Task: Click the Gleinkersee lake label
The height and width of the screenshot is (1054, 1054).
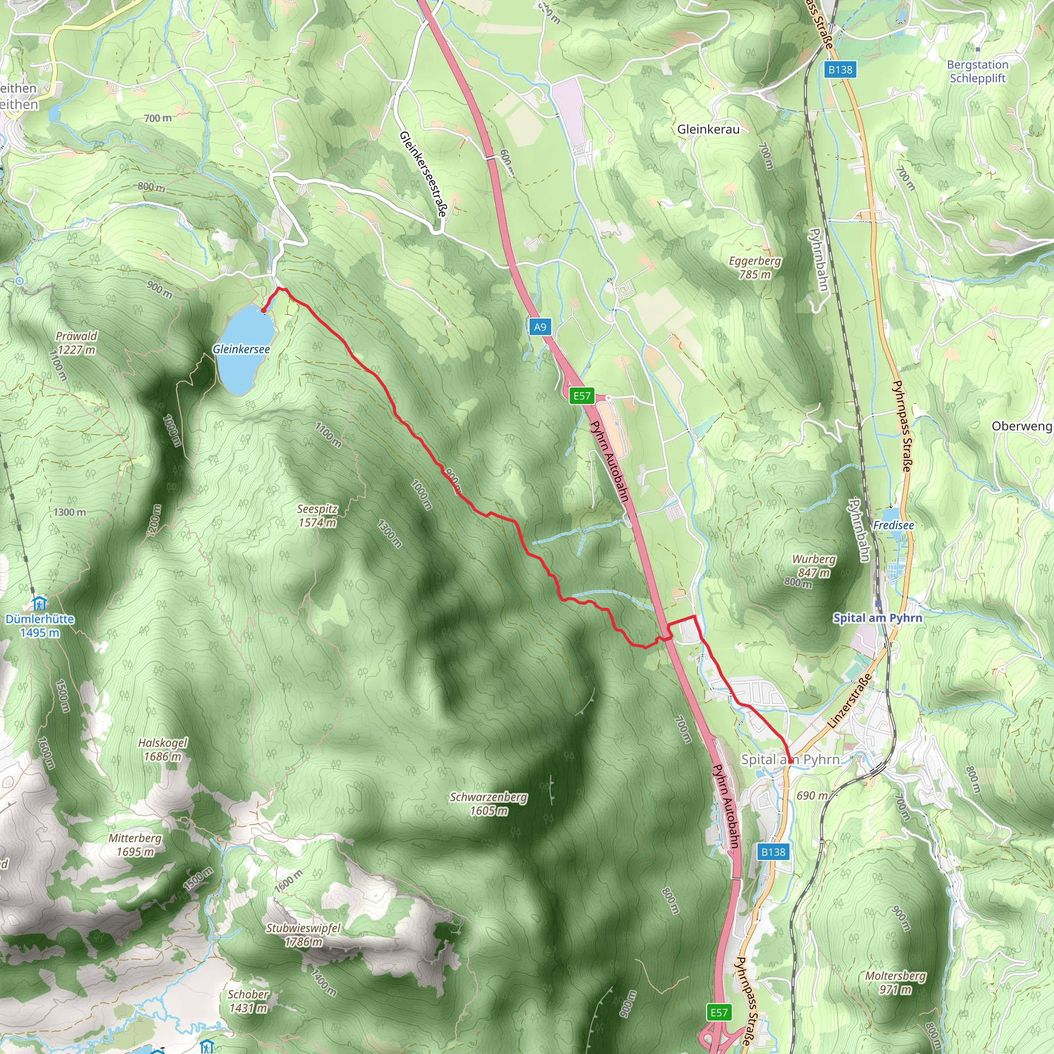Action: [x=241, y=349]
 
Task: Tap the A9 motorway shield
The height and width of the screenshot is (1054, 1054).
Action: [x=539, y=327]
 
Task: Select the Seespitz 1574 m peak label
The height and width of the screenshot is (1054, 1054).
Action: [x=317, y=516]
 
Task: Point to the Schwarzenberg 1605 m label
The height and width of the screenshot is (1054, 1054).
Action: [x=488, y=803]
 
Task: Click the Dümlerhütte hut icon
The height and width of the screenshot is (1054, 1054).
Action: [x=39, y=604]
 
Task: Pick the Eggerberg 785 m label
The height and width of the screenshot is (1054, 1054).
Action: [x=754, y=267]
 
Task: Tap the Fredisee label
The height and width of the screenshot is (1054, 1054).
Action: [x=893, y=525]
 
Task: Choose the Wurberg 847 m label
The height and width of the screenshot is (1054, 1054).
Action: [x=814, y=566]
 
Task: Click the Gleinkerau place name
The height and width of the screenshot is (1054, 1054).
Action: [x=708, y=129]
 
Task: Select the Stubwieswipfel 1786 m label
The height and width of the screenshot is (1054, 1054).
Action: [x=303, y=935]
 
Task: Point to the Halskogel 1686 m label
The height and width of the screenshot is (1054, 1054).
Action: [x=163, y=749]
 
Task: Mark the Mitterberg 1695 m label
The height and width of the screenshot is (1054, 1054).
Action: [x=135, y=845]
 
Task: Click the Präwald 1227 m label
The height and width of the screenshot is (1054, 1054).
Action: [x=76, y=343]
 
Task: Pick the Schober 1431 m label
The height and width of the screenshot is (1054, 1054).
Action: [x=248, y=1001]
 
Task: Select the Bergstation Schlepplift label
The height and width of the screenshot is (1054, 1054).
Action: [x=978, y=71]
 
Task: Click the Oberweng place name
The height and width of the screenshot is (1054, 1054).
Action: [x=1021, y=426]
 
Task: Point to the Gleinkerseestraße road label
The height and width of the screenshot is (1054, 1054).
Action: [x=423, y=173]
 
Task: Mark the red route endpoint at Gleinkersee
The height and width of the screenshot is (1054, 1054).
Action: [x=263, y=311]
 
